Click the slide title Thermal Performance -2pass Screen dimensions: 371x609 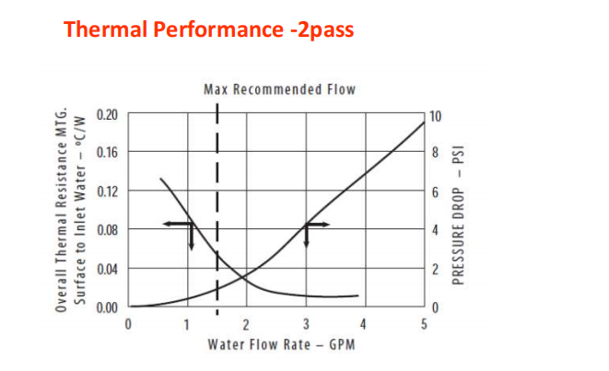point(209,29)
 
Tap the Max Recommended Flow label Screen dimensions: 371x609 point(278,89)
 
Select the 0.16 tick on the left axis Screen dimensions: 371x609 point(108,152)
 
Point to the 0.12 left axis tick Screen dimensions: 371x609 point(108,191)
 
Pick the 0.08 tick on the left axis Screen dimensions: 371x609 point(108,229)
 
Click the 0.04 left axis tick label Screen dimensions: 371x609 point(108,268)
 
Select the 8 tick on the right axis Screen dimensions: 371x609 point(434,153)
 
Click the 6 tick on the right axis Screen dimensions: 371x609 point(434,192)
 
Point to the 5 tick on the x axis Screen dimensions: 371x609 point(425,324)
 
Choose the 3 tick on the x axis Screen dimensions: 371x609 point(306,324)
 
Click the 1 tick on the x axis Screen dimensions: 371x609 point(187,324)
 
